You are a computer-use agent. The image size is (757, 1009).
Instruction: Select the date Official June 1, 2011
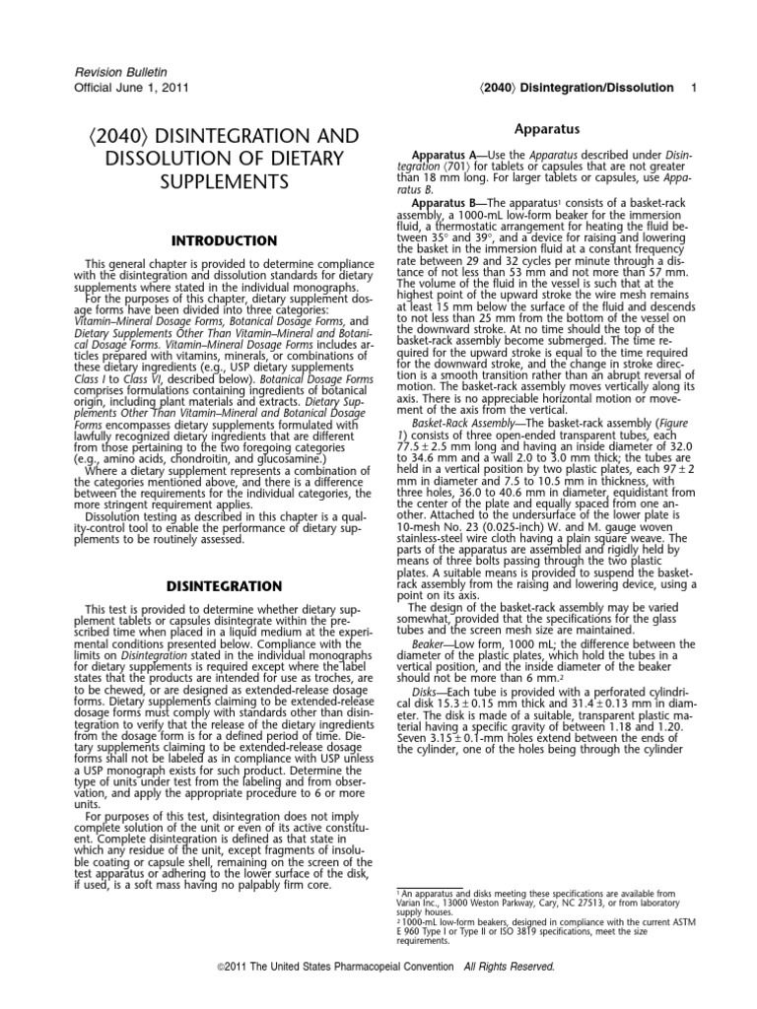click(120, 87)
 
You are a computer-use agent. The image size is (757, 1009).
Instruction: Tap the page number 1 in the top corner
click(694, 88)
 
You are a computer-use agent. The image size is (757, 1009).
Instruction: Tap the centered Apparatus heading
click(549, 129)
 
